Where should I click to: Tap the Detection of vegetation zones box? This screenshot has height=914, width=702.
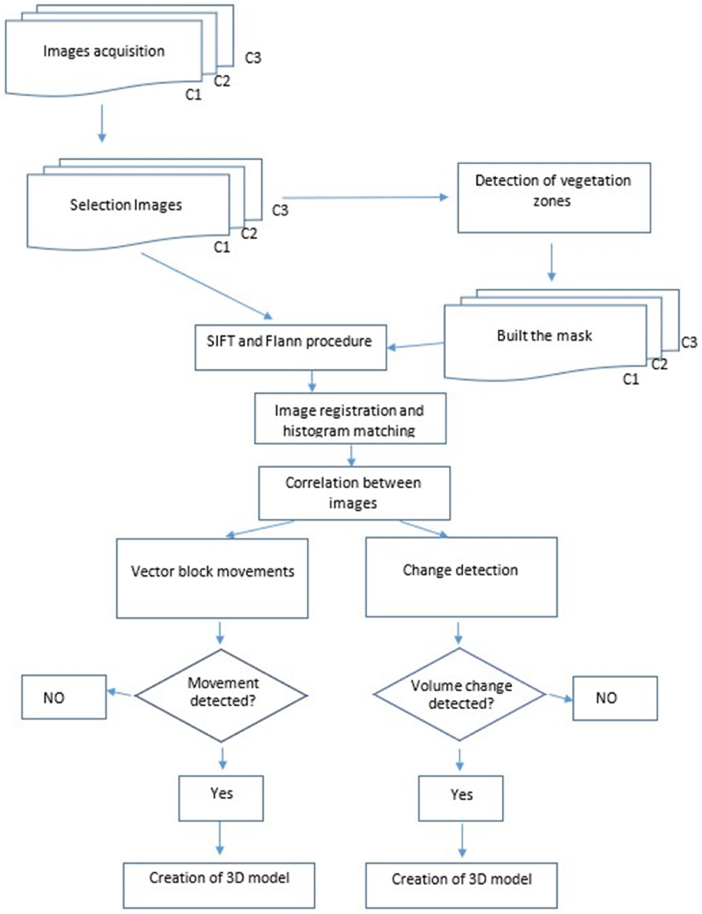554,197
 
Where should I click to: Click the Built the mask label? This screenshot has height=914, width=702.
544,336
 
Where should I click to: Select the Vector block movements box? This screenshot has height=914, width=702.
212,578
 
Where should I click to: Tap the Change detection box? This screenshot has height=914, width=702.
461,577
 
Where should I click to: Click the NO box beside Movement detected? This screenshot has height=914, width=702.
64,697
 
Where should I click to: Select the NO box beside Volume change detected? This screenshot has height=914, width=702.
615,698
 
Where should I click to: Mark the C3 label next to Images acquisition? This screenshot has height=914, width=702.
253,58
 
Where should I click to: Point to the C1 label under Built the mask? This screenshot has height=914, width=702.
631,379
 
